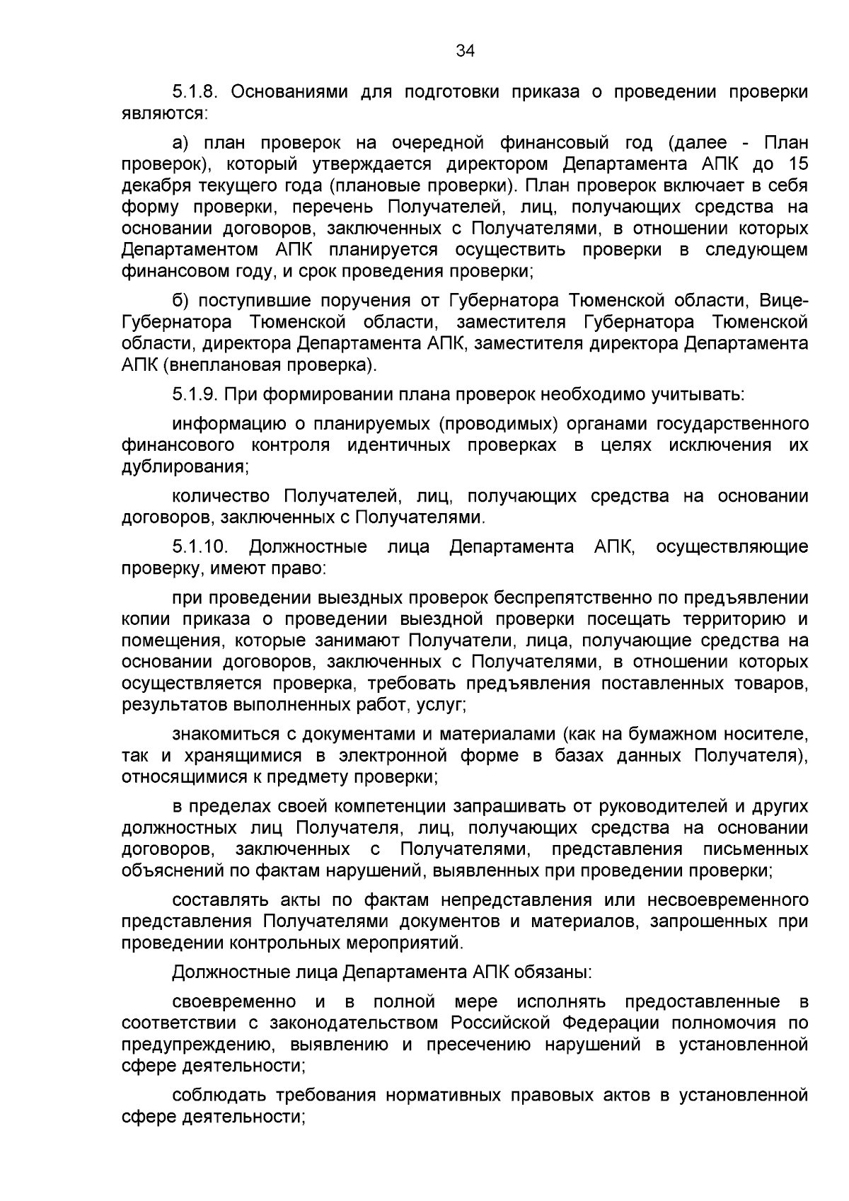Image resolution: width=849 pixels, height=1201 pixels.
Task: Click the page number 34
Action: point(465,50)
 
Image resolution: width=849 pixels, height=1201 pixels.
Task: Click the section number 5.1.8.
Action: point(198,92)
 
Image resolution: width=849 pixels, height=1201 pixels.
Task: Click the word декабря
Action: point(156,186)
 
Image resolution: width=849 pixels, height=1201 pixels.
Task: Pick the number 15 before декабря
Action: point(797,165)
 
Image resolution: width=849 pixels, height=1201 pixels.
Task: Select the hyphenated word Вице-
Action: point(784,301)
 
